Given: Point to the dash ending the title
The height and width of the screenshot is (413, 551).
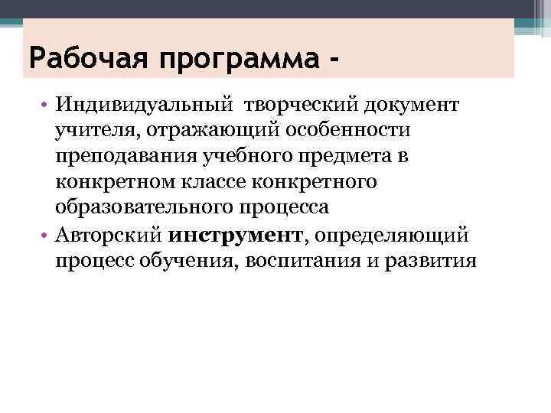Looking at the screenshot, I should [x=334, y=57].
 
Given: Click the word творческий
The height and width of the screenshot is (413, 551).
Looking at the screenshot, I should [x=296, y=103].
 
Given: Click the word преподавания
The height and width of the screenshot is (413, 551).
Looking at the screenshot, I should [x=116, y=156].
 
